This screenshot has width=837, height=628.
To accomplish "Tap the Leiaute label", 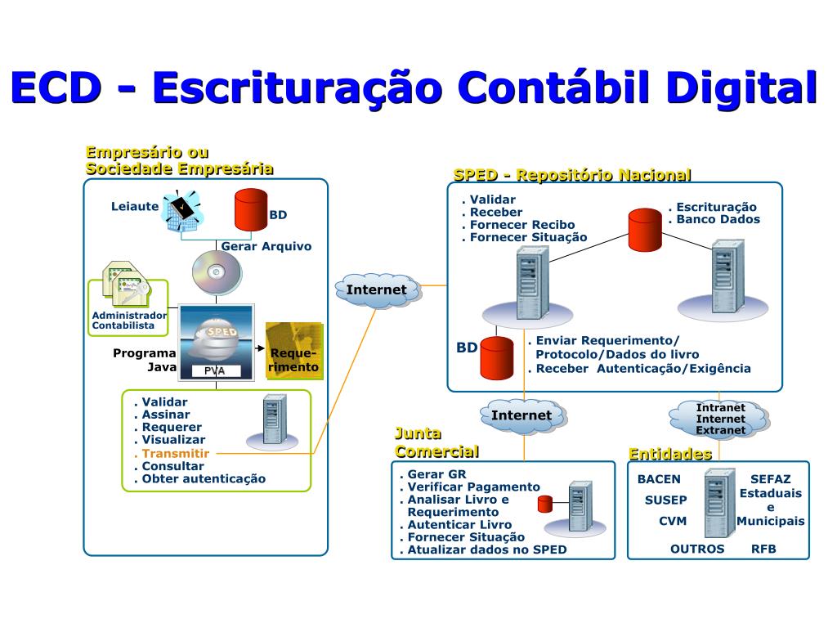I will tap(135, 207).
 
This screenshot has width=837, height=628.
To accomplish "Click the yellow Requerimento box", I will tap(294, 352).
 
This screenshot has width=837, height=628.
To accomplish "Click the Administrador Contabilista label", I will tap(129, 320).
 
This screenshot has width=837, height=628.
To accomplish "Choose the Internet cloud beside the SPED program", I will tap(377, 290).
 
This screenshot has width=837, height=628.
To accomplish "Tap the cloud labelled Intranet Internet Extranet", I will tap(720, 419).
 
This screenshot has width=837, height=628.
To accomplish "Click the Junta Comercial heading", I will tap(436, 442).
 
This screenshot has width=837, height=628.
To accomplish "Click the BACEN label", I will tap(659, 479).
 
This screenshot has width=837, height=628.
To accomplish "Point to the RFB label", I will tap(763, 549).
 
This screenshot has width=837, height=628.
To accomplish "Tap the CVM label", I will tap(673, 521).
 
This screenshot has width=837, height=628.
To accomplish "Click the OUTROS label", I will tap(697, 549).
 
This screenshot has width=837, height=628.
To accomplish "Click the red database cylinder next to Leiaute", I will tap(251, 210).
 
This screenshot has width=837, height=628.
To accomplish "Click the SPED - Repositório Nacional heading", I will tap(572, 175).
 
